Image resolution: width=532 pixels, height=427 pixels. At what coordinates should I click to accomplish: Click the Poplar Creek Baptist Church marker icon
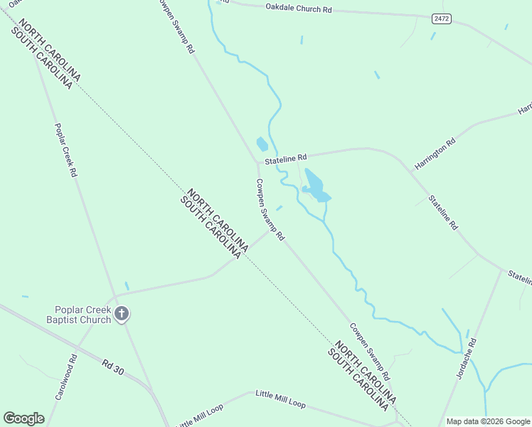click(122, 313)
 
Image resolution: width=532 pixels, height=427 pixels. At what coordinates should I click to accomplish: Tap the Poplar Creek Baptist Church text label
click(83, 315)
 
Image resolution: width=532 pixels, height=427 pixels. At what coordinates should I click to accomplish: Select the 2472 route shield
click(441, 18)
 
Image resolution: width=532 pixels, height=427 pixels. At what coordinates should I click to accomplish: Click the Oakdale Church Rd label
click(299, 9)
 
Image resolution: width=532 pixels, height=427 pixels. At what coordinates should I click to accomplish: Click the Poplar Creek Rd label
click(65, 150)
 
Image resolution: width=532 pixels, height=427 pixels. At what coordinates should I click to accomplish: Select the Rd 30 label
click(114, 367)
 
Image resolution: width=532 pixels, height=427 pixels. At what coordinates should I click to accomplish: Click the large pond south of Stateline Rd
click(314, 184)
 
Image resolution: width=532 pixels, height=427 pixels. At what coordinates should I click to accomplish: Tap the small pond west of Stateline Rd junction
click(262, 144)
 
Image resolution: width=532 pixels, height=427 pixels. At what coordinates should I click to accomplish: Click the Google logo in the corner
click(23, 418)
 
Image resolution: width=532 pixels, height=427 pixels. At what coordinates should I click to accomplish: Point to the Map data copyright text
click(488, 421)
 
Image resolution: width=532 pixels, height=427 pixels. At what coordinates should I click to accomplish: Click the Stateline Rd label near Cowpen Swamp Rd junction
click(285, 159)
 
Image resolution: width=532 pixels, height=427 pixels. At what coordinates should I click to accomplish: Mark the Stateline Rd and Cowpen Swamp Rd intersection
click(257, 163)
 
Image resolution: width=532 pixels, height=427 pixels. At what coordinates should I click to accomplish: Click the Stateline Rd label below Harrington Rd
click(442, 211)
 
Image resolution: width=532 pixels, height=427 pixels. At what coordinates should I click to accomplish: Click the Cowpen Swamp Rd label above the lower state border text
click(369, 352)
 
